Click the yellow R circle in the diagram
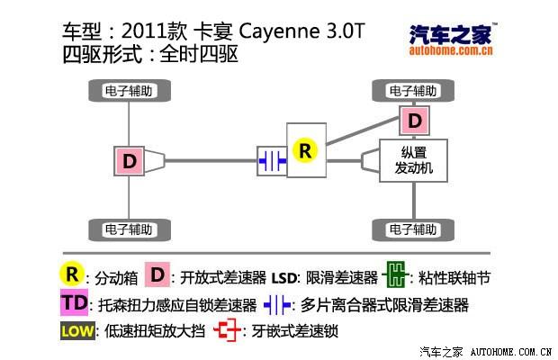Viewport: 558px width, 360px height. pyautogui.click(x=305, y=150)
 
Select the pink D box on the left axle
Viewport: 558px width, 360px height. pyautogui.click(x=130, y=162)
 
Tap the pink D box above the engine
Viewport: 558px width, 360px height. pyautogui.click(x=414, y=120)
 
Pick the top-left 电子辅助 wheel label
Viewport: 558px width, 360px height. pyautogui.click(x=127, y=90)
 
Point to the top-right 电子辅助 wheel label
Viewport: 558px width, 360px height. pyautogui.click(x=414, y=90)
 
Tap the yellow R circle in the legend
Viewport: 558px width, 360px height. pyautogui.click(x=72, y=274)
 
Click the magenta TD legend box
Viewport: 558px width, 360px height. pyautogui.click(x=76, y=302)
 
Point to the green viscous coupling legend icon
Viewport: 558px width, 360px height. pyautogui.click(x=395, y=275)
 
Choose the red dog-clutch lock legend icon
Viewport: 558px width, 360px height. pyautogui.click(x=228, y=331)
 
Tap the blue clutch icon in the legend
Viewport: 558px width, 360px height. pyautogui.click(x=277, y=304)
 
